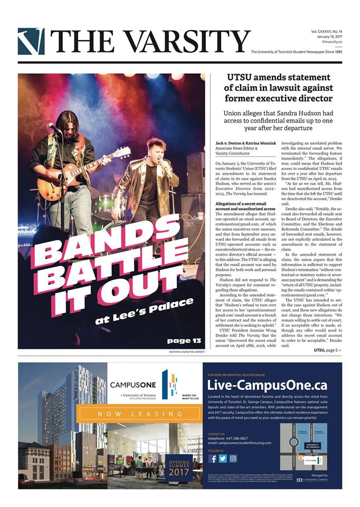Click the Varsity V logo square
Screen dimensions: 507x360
point(31,41)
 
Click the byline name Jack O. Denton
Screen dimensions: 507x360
point(228,144)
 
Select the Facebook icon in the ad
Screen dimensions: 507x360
point(213,458)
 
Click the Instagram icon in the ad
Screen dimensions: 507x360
point(233,458)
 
